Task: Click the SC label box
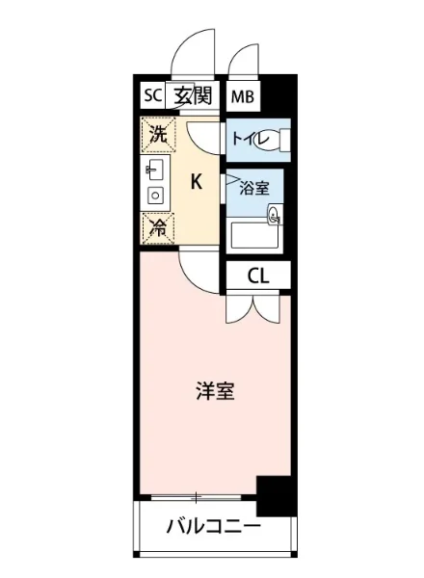(152, 94)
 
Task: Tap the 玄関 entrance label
(193, 94)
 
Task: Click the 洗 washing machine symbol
(157, 135)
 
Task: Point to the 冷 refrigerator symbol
(156, 227)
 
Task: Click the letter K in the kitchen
(196, 181)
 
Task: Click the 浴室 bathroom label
(255, 188)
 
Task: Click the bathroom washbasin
(275, 216)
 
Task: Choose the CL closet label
(257, 276)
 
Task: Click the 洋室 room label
(216, 392)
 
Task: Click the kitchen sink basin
(154, 171)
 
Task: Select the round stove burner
(154, 196)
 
